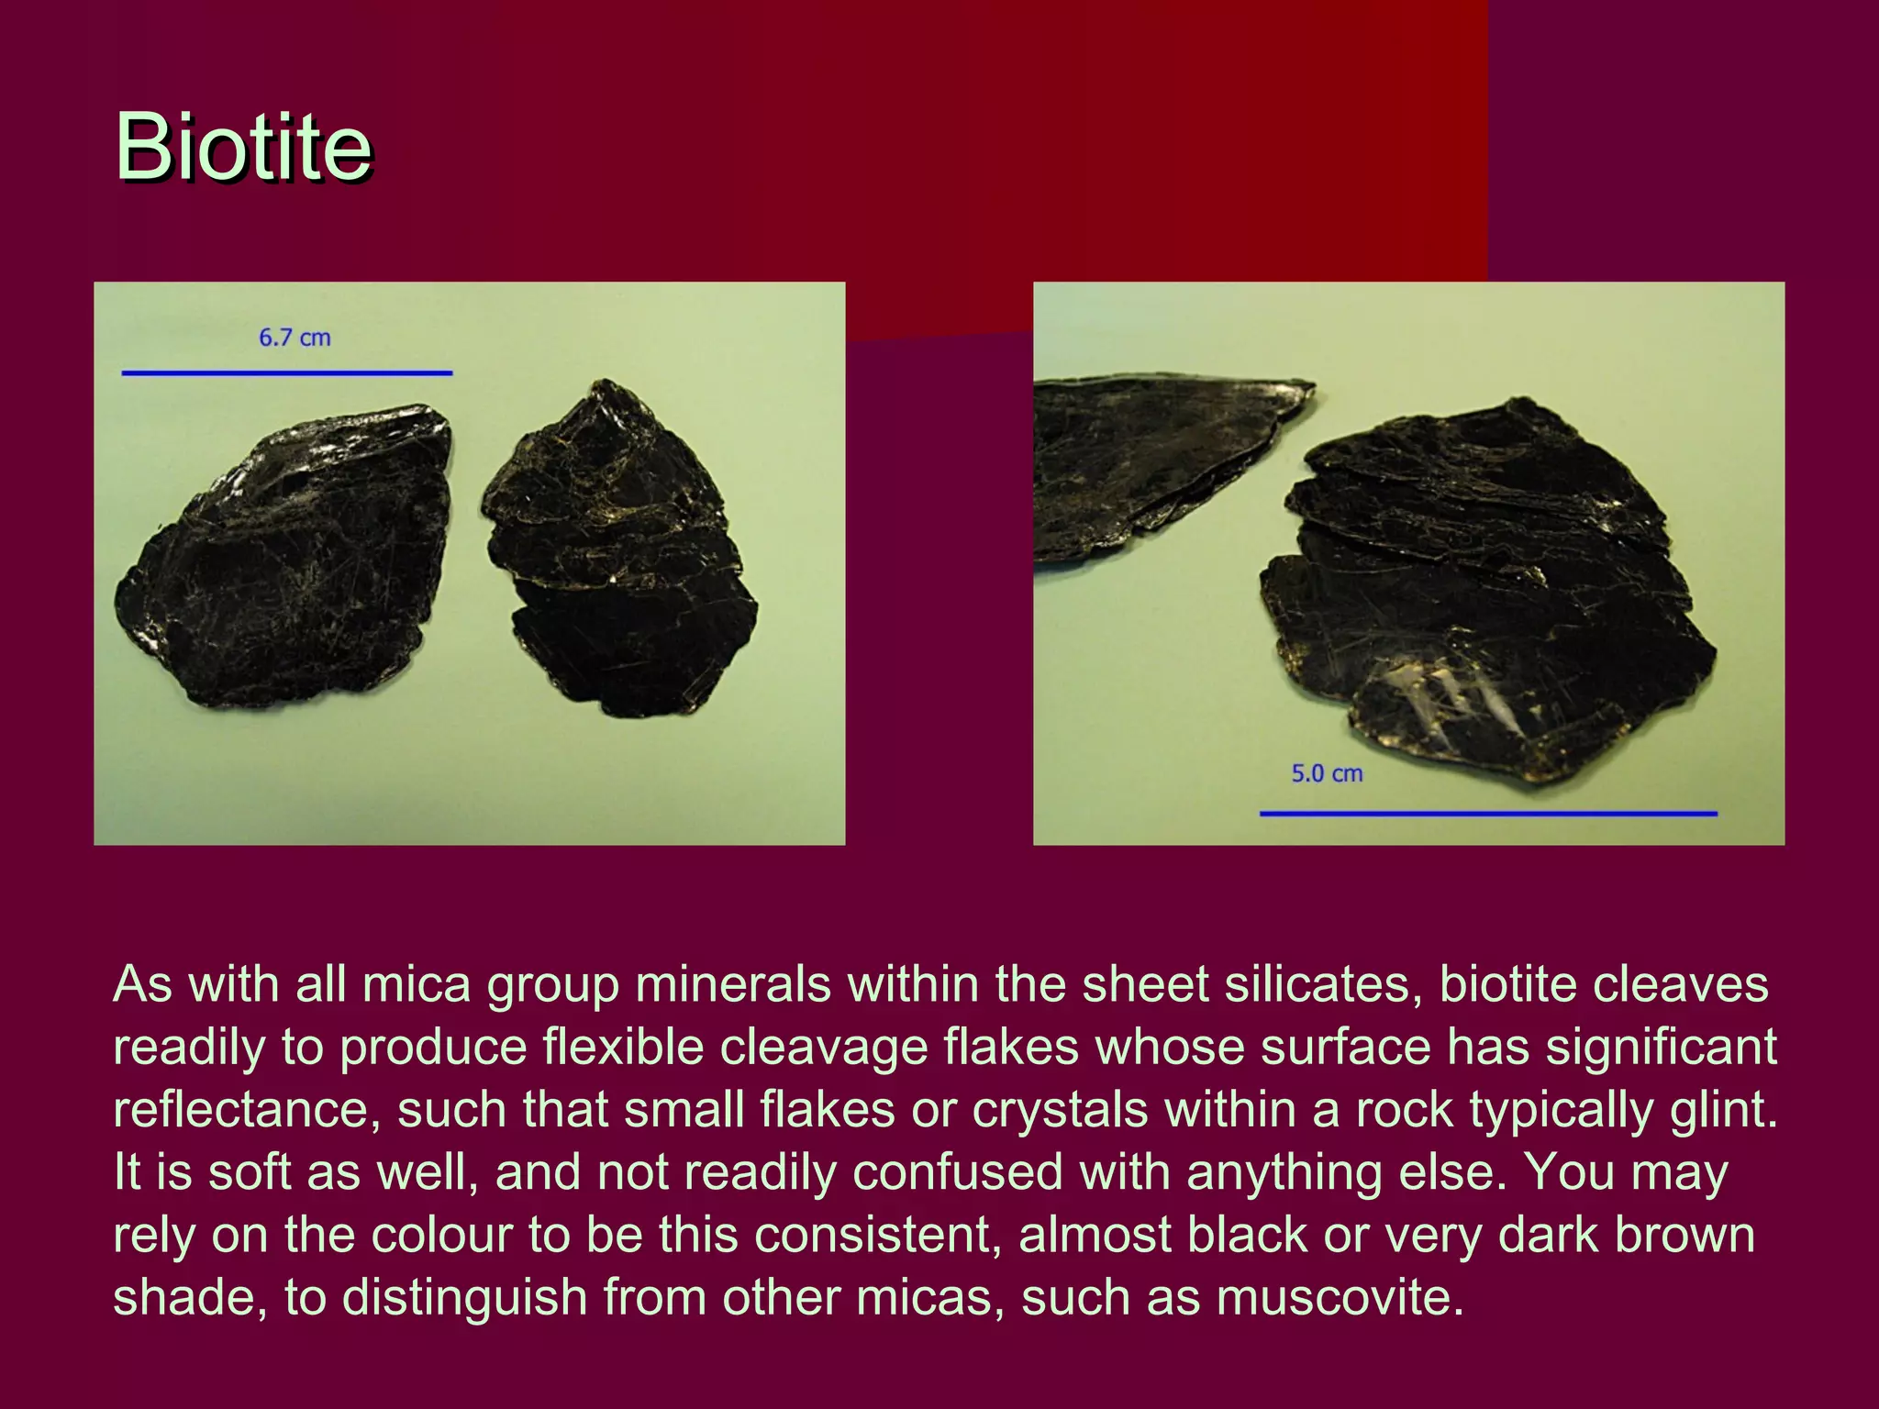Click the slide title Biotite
[x=243, y=147]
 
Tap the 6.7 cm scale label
[x=295, y=338]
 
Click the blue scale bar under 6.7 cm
[x=286, y=372]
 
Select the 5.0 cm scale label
[x=1327, y=774]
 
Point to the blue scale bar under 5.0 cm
[x=1487, y=813]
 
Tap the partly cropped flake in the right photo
[x=1147, y=459]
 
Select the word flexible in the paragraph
[x=623, y=1048]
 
